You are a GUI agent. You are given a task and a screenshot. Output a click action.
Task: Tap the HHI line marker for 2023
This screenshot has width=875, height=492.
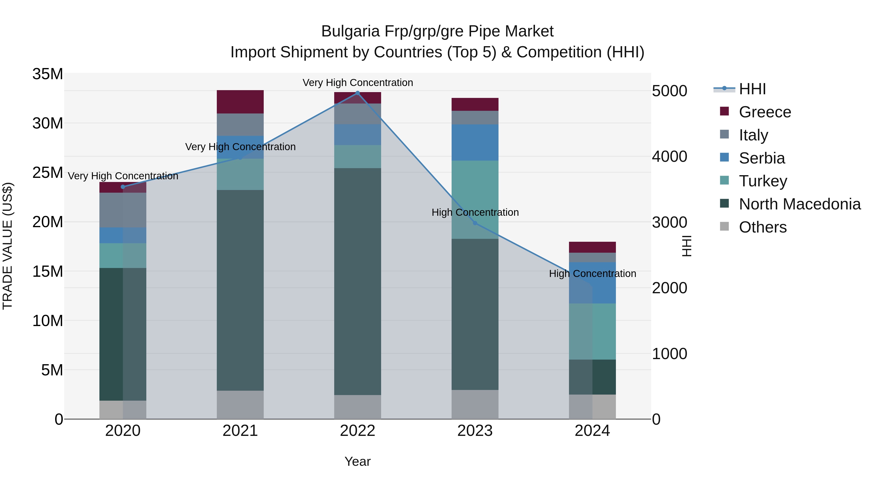(x=475, y=223)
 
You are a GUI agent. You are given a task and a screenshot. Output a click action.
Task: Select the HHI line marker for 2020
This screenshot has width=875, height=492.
(x=123, y=187)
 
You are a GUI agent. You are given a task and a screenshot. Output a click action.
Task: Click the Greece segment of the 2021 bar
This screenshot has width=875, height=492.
(x=240, y=102)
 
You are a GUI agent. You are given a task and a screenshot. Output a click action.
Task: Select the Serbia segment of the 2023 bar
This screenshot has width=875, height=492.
(x=475, y=142)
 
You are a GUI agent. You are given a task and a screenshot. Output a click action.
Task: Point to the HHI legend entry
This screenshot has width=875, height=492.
(x=752, y=89)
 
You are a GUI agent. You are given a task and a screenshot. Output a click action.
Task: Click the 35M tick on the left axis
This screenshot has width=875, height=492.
(x=48, y=74)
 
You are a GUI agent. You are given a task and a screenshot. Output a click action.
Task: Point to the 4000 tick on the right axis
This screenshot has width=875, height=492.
(x=669, y=156)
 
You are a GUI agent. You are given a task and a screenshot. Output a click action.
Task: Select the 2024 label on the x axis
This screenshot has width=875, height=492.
(x=592, y=431)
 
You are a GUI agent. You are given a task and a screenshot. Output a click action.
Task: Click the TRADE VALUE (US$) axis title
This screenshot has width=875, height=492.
(x=8, y=246)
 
